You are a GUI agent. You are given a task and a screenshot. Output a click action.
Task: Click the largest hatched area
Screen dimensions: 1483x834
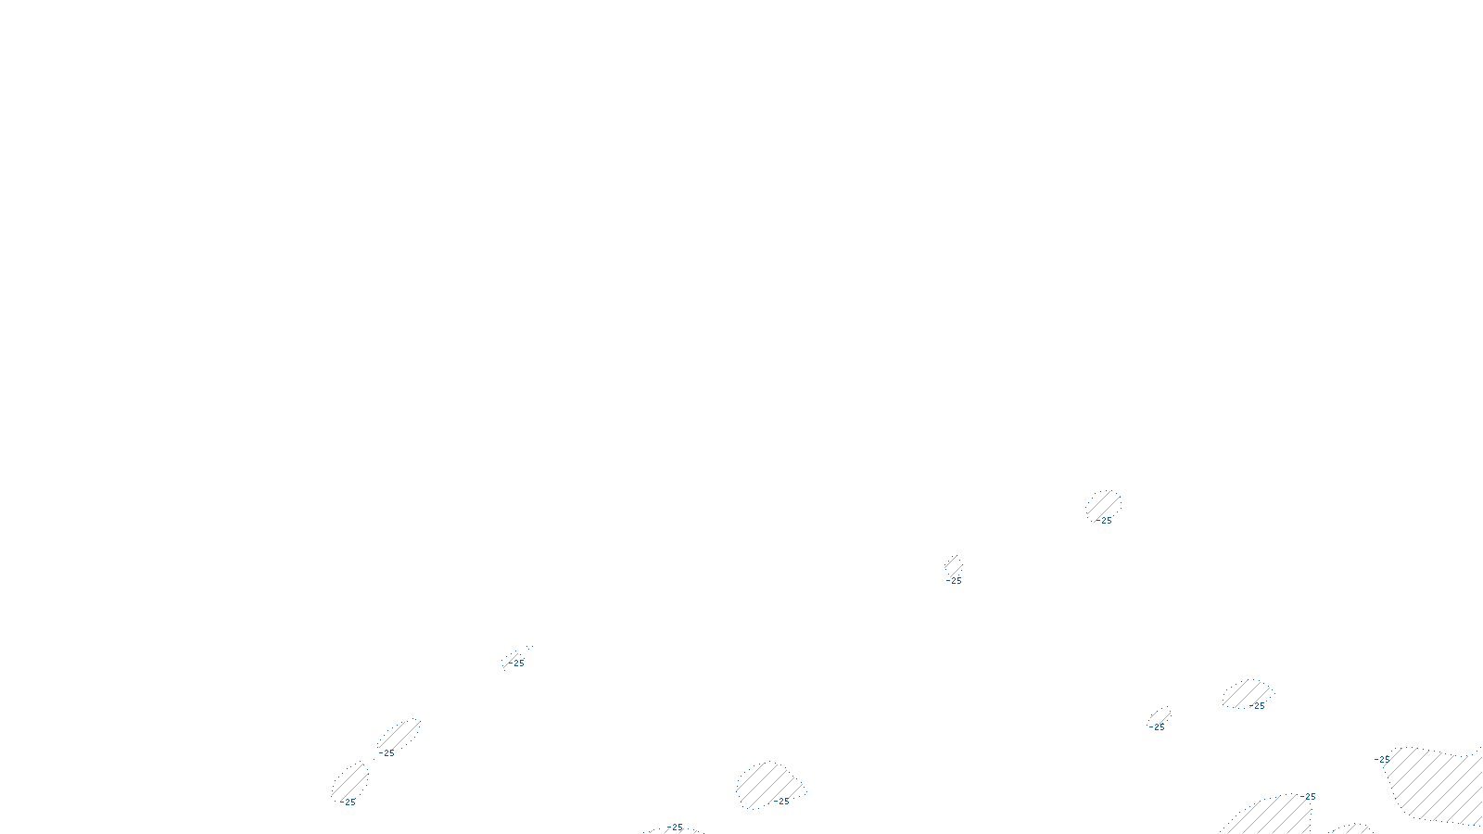point(1437,783)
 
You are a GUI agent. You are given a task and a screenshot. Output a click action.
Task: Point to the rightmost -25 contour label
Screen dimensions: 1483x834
point(1382,760)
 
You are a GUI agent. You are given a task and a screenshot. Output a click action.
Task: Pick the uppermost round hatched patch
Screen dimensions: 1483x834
point(1104,505)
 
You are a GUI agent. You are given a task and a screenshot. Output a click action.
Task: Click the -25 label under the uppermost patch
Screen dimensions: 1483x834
point(1104,521)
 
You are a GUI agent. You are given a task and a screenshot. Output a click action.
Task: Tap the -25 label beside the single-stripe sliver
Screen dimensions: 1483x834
point(518,663)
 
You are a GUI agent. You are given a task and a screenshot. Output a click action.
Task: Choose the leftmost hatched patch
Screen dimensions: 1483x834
point(350,781)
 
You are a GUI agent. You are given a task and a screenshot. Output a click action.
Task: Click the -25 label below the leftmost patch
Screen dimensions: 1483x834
point(349,802)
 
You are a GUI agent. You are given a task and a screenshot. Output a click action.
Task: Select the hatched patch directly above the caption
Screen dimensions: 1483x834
point(767,784)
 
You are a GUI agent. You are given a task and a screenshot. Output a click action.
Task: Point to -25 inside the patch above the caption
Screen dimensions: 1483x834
point(782,802)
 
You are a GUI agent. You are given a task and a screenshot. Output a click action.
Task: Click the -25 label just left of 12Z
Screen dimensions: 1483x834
point(676,828)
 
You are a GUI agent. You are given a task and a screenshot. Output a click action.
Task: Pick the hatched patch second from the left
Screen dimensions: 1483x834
point(399,736)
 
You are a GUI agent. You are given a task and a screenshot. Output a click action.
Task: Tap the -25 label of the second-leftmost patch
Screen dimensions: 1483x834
point(387,753)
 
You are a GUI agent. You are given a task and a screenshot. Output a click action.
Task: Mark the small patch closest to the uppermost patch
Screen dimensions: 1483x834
point(953,565)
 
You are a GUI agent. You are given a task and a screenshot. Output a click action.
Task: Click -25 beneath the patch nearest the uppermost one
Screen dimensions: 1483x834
point(955,581)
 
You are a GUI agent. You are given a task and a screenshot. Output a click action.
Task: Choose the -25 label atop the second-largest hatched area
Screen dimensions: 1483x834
point(1309,797)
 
